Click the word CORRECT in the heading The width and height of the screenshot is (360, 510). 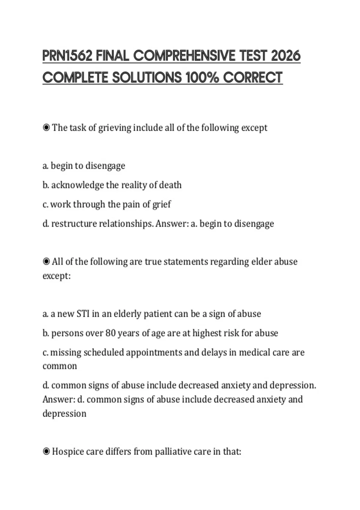(253, 77)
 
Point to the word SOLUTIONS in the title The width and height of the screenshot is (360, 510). (147, 77)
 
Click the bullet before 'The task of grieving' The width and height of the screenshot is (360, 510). (46, 128)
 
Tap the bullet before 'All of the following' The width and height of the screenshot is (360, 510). (46, 262)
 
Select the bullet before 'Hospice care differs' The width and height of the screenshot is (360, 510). (46, 451)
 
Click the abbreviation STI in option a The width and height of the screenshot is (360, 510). (83, 314)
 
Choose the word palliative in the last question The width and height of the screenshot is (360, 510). (173, 451)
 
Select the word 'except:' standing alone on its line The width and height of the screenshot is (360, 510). (57, 276)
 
